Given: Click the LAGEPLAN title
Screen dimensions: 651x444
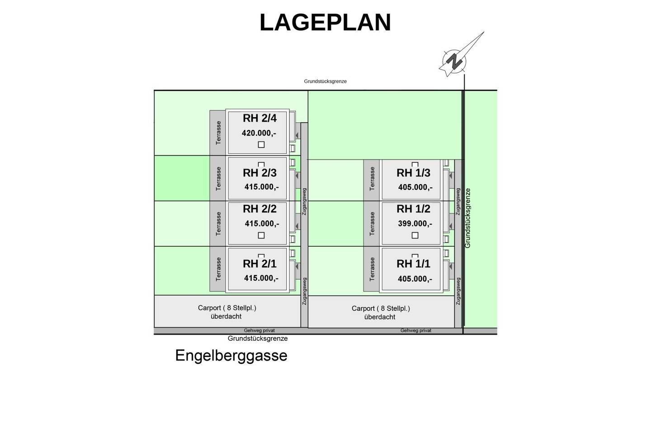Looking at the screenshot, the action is (x=325, y=23).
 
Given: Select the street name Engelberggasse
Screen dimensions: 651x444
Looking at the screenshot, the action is (x=231, y=356).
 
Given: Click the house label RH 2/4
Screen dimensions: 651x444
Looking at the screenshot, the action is (x=259, y=119).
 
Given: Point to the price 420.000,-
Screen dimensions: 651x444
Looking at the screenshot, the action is (x=259, y=133).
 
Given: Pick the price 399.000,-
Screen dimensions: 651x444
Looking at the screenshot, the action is (x=415, y=224).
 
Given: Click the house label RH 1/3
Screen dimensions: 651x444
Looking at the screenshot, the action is (x=413, y=173).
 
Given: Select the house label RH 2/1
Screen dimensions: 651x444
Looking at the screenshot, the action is (x=259, y=263).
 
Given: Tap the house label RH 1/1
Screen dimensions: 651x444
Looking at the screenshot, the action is (x=413, y=263).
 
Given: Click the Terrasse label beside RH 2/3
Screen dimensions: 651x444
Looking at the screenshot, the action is (x=218, y=179).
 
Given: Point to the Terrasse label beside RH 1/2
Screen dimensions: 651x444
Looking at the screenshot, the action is (x=372, y=224).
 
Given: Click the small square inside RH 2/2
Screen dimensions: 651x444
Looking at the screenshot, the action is (x=261, y=235).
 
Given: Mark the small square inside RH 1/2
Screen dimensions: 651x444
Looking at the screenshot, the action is (x=415, y=235).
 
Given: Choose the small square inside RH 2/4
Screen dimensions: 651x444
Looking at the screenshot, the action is (x=261, y=145).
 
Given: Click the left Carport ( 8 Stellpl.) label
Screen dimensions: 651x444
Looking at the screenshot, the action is (x=227, y=308).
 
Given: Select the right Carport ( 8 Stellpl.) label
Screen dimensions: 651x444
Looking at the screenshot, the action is (x=381, y=308).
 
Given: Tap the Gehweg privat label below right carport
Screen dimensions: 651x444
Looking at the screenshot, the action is (x=416, y=330).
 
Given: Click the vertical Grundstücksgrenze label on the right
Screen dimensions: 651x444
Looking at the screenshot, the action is (x=467, y=218).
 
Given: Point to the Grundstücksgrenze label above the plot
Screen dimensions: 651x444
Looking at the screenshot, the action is (x=325, y=81).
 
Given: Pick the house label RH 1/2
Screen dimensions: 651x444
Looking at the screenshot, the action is (x=413, y=209).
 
